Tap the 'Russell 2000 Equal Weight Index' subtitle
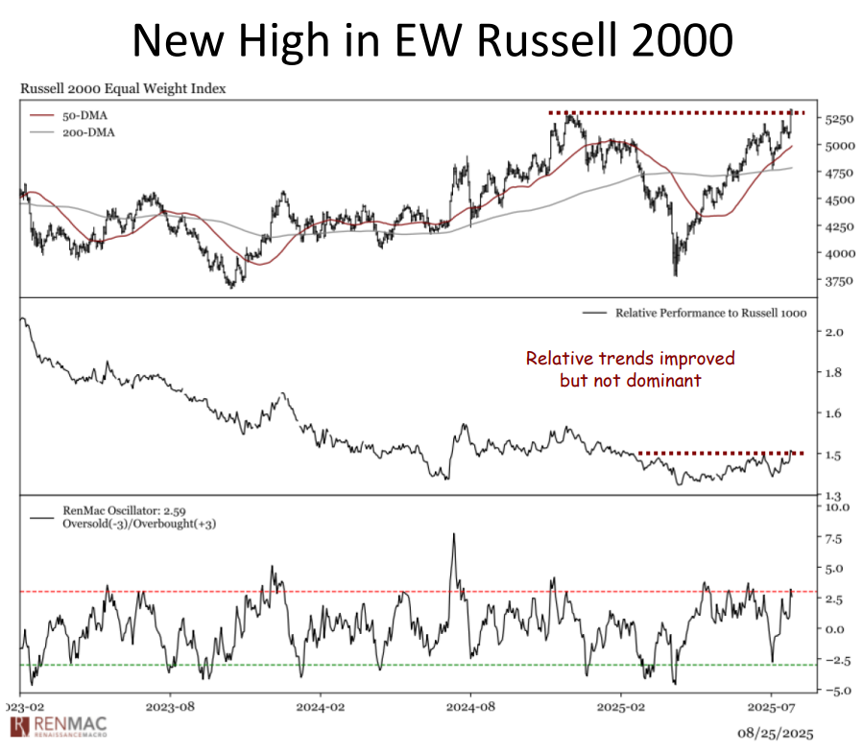(x=123, y=89)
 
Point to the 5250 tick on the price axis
(x=838, y=119)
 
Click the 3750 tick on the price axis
(x=838, y=281)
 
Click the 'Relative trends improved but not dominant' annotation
(x=630, y=369)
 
